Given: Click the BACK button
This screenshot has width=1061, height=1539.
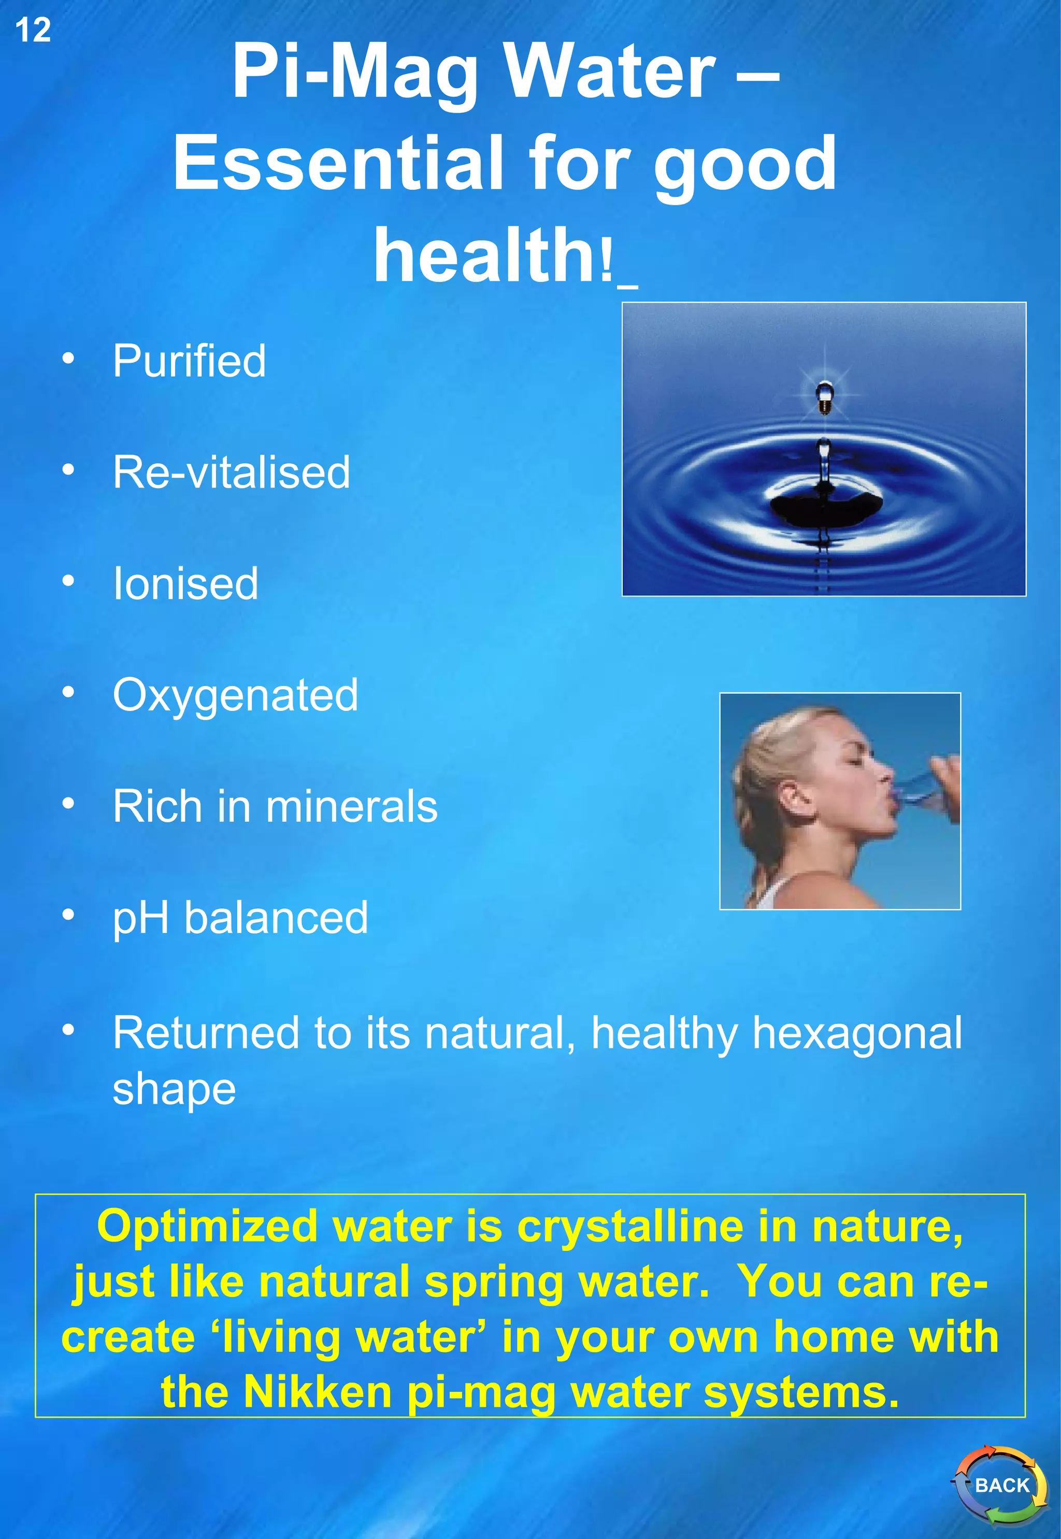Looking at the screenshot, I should (x=1001, y=1485).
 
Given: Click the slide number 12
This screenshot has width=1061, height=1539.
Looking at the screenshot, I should (x=33, y=31).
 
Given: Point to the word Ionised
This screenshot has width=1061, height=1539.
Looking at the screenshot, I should (x=185, y=583).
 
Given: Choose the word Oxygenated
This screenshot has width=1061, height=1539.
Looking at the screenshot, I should (x=235, y=695).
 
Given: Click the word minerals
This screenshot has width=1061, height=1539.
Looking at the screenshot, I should (x=352, y=806).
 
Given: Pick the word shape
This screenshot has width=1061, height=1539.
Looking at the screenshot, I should (x=174, y=1089).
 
